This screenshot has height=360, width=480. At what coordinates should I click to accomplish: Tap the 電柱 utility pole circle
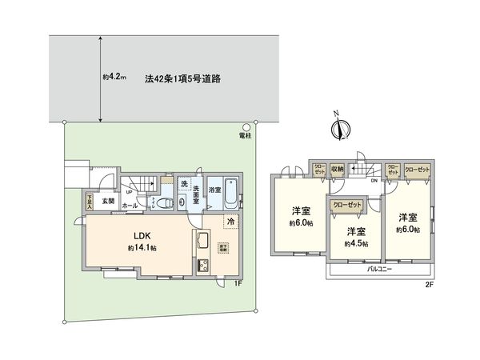click(x=246, y=126)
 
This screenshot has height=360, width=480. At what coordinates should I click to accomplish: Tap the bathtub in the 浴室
click(x=230, y=192)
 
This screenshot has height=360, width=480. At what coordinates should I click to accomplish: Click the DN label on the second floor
click(x=375, y=181)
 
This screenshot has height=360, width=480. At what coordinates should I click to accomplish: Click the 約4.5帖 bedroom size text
click(x=356, y=243)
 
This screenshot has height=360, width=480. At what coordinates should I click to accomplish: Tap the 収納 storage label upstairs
click(x=337, y=169)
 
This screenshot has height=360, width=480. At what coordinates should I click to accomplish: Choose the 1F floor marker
click(x=237, y=282)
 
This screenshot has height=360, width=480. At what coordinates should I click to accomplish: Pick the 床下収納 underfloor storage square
click(x=224, y=246)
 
